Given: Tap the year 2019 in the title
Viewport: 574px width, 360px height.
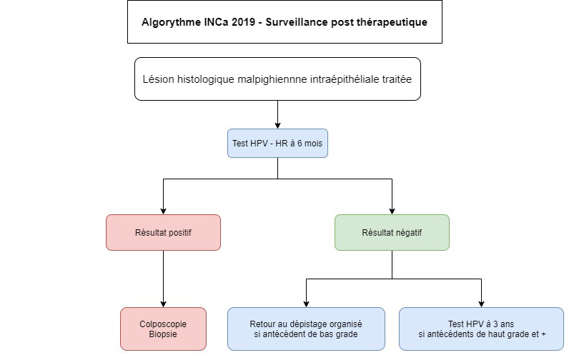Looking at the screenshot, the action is pos(243,22).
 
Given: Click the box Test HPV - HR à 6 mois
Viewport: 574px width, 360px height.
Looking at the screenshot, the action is pos(277,144).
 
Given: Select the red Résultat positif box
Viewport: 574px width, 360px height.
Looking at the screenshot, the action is pos(163,233).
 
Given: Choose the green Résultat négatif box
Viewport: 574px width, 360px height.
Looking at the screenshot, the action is pos(392,233).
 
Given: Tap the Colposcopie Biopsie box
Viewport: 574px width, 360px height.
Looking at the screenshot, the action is pos(163,329).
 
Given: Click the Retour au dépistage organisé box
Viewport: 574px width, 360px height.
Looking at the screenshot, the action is pos(306,329).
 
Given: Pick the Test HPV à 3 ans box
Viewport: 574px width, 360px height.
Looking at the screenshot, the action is pos(481,329).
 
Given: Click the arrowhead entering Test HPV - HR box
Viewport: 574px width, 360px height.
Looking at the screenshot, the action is pos(277,126).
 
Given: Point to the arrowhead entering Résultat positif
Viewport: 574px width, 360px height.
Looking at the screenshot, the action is pos(163,211).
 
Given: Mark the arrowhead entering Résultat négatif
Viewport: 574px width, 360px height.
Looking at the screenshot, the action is pos(392,211).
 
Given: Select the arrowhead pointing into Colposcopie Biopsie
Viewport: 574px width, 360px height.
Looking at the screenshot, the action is pos(163,304).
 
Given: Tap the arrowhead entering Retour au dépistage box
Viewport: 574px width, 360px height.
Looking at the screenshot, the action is pos(307,304).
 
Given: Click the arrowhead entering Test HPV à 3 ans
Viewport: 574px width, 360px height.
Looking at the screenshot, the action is pos(481,304).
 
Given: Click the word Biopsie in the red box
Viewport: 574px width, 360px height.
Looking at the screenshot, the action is pos(163,334).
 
